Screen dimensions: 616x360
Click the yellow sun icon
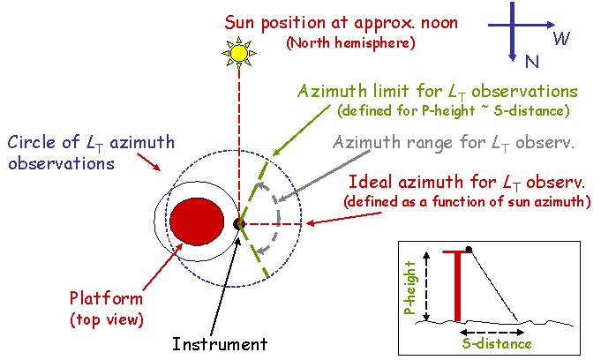coord(239,53)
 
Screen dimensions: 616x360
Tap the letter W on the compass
coord(561,38)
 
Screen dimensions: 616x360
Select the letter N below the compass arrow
coord(531,61)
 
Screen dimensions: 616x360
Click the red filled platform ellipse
coord(197,221)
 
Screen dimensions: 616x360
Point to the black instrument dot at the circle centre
coord(238,224)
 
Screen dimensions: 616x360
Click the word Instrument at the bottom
coord(220,344)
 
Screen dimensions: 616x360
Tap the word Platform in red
coord(106,298)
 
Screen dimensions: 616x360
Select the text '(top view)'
coord(107,319)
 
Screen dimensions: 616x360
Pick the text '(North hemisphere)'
coord(350,42)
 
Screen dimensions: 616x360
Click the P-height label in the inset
coord(409,288)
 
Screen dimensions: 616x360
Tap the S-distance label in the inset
coord(497,343)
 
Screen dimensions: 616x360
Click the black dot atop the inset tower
coord(469,250)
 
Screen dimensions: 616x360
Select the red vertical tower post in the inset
coord(457,287)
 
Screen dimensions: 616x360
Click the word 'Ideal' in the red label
coord(371,182)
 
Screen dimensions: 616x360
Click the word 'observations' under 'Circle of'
coord(61,163)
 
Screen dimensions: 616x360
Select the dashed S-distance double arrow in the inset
coord(492,333)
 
